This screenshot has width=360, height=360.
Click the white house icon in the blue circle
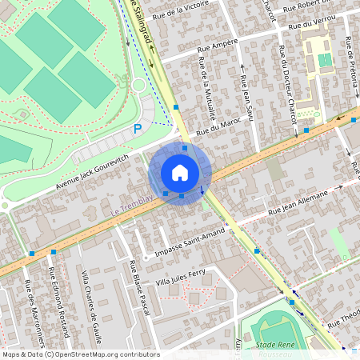click(180, 173)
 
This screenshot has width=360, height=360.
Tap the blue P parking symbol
click(138, 128)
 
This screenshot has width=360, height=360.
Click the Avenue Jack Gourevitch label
click(93, 172)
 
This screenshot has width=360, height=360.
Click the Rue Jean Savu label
click(247, 101)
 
